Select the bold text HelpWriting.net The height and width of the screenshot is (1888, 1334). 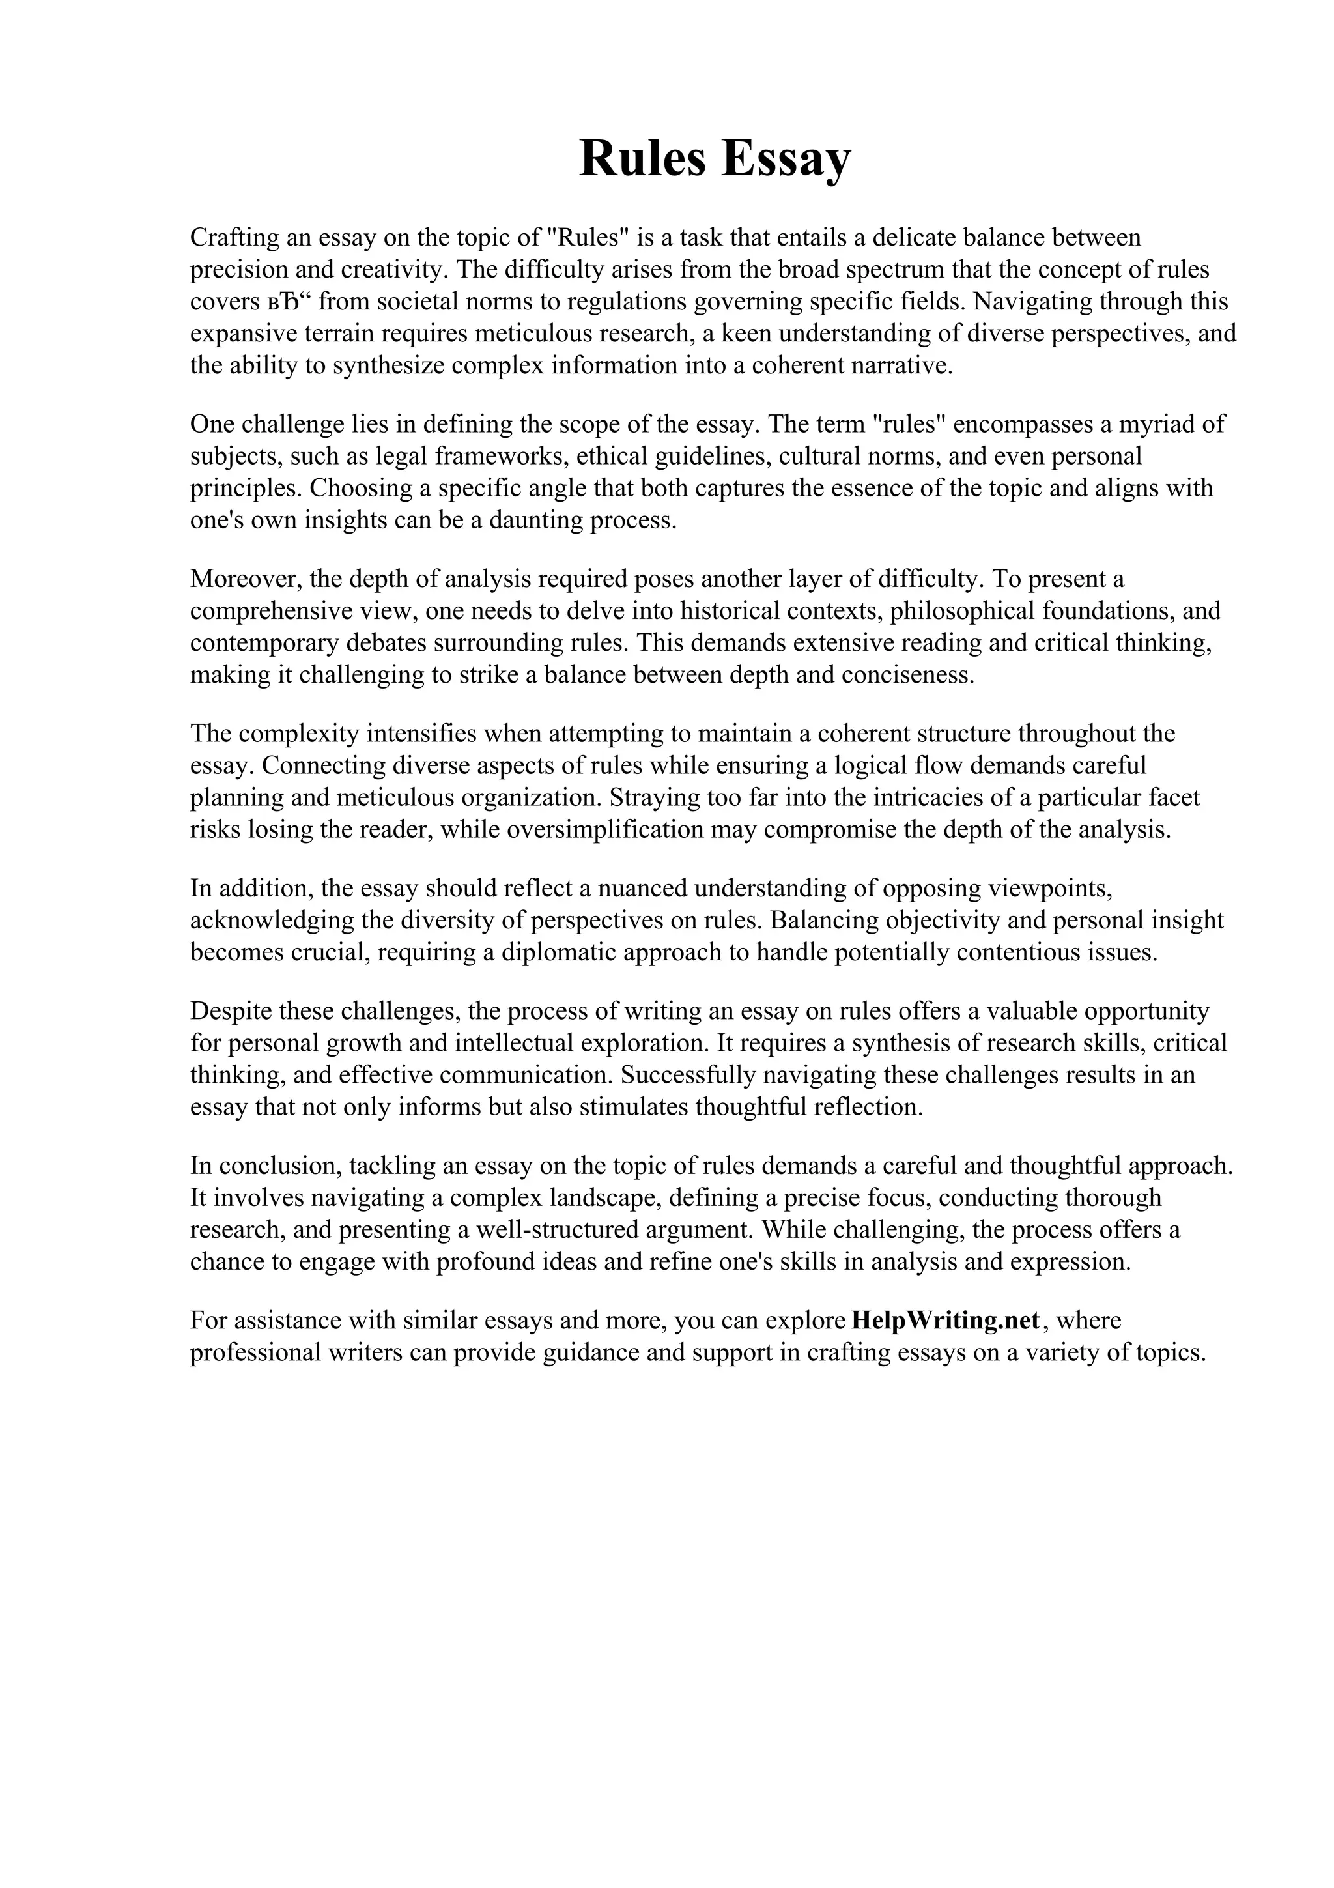coord(946,1320)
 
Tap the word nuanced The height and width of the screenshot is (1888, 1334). coord(642,888)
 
